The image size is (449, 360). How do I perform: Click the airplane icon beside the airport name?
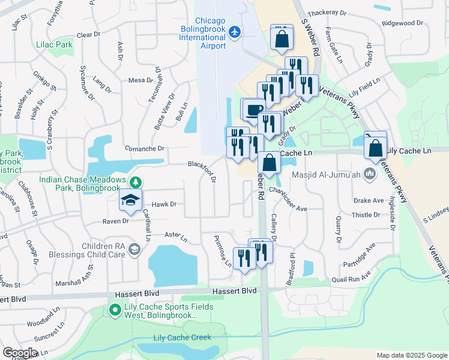pos(235,31)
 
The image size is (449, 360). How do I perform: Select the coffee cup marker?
pos(252,109)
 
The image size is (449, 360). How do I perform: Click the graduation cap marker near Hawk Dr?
pos(130,202)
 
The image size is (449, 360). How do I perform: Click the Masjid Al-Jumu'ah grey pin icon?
pos(369,175)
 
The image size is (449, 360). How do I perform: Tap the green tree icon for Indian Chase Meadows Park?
pos(136,182)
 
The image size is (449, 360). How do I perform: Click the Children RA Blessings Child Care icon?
pos(136,249)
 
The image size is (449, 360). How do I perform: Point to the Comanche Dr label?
pos(144,148)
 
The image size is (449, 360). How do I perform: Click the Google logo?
pos(20,353)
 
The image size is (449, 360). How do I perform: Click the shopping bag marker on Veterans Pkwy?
pos(375,148)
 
